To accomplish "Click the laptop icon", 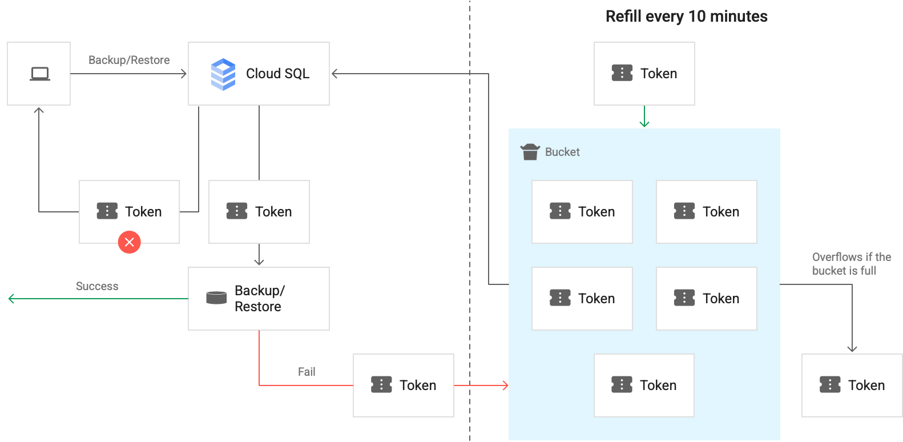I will click(x=39, y=74).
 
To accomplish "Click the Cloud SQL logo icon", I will click(x=223, y=74).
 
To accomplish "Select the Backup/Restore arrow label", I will click(x=129, y=60).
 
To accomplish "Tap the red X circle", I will click(x=130, y=242).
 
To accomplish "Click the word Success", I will click(x=97, y=286).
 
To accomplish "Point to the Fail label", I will click(x=307, y=372).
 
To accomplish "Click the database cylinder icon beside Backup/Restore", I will click(x=216, y=298).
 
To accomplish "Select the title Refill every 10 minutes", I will click(x=686, y=16).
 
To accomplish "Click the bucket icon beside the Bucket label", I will click(x=530, y=152).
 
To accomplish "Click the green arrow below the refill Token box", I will click(x=644, y=117).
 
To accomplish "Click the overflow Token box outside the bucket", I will click(x=852, y=385).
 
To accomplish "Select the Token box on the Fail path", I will click(x=403, y=385).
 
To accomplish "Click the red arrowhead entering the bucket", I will click(x=505, y=385).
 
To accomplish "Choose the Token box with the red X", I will click(x=129, y=212).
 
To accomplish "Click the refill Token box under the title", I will click(x=644, y=74).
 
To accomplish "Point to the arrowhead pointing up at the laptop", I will click(x=39, y=110).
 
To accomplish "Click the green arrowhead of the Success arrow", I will click(x=11, y=299).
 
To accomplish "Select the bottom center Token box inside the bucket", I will click(x=644, y=385).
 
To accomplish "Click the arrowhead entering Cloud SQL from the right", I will click(x=335, y=74).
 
